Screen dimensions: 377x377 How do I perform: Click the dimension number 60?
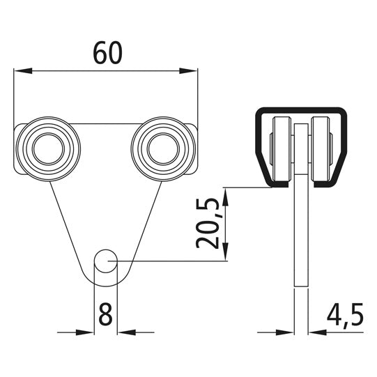[x=105, y=54]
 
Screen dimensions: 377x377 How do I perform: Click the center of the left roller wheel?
[x=47, y=148]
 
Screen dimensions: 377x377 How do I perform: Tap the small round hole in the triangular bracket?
[x=105, y=261]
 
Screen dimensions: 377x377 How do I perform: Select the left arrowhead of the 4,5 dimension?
[x=289, y=330]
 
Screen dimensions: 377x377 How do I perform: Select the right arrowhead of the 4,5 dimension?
[x=312, y=330]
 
